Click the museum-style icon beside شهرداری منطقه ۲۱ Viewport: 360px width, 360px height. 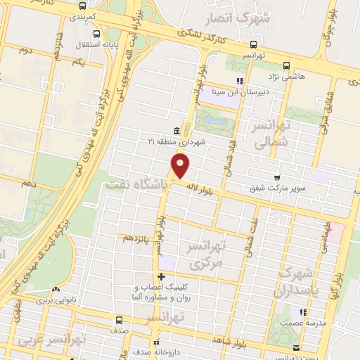click(176, 131)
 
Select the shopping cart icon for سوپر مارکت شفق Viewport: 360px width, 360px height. click(278, 178)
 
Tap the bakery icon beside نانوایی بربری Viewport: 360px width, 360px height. click(56, 288)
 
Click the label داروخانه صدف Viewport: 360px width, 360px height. click(156, 349)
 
